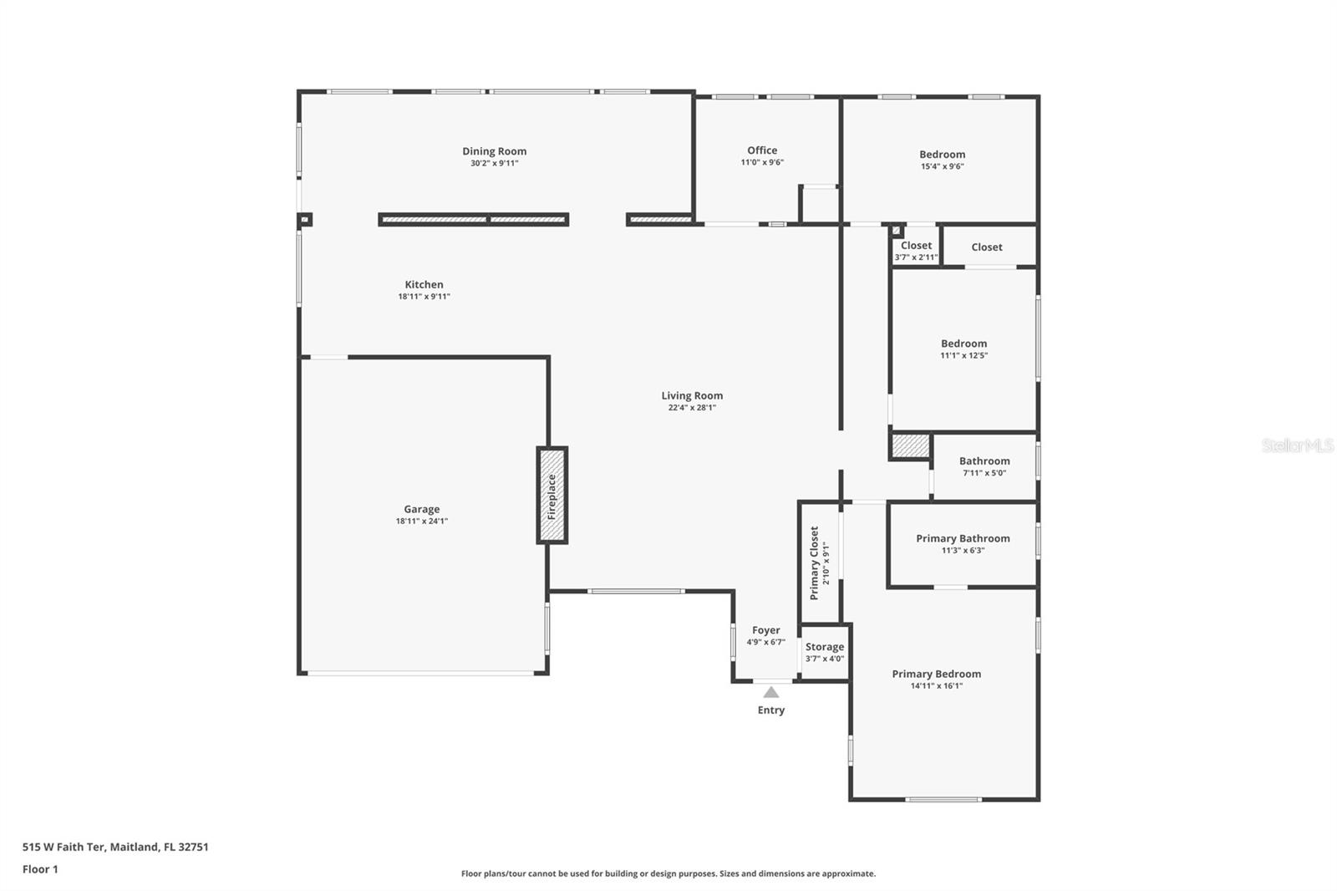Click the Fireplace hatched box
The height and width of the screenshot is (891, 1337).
(x=552, y=495)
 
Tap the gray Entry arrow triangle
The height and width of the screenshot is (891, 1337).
(x=771, y=692)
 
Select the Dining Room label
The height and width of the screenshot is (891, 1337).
(x=494, y=151)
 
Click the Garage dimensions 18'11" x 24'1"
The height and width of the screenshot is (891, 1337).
(x=421, y=521)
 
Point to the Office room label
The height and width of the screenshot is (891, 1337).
(x=762, y=150)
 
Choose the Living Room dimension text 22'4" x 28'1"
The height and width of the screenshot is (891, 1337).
(x=692, y=407)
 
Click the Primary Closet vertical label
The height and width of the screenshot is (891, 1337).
(x=814, y=563)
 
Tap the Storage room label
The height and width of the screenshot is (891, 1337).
(x=824, y=647)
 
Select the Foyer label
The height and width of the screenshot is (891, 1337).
(x=765, y=630)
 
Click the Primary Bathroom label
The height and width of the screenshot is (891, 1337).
(x=963, y=538)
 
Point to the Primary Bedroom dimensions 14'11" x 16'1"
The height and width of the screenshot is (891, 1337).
(x=937, y=685)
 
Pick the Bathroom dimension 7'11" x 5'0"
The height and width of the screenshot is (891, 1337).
(x=984, y=472)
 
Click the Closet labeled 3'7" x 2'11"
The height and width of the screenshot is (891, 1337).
(x=916, y=245)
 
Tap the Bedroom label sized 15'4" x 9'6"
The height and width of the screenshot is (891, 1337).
(x=942, y=154)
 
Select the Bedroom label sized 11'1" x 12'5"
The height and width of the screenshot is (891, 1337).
(x=964, y=344)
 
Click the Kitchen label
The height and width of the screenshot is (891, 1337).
(x=424, y=284)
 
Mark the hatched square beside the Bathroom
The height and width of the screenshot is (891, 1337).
(x=911, y=446)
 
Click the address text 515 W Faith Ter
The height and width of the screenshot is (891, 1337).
(x=64, y=846)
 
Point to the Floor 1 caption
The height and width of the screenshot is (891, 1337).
(x=40, y=869)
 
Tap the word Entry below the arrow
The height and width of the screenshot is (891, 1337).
(x=771, y=710)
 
